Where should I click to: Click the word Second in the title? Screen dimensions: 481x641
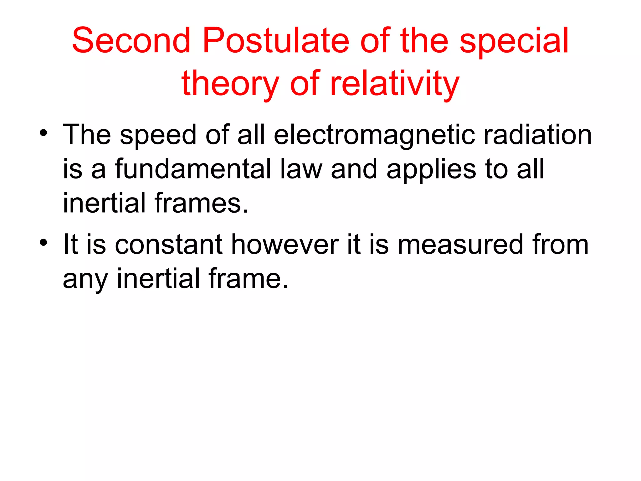tap(131, 40)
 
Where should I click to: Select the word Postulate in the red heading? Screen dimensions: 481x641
tap(276, 40)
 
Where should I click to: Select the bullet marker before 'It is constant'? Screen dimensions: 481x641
tap(44, 242)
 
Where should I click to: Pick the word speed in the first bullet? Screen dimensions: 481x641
tap(158, 135)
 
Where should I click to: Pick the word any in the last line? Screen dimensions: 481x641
tap(85, 279)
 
